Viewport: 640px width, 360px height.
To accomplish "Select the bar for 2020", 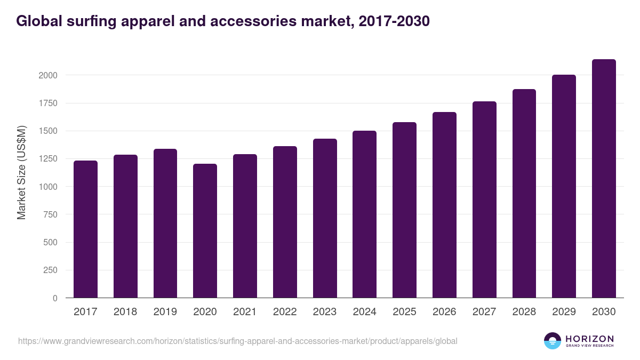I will pyautogui.click(x=205, y=230).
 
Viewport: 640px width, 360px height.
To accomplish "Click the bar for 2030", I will pyautogui.click(x=604, y=179).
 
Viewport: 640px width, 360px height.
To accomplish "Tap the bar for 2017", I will pyautogui.click(x=85, y=229).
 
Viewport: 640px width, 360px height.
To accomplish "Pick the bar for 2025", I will pyautogui.click(x=404, y=210).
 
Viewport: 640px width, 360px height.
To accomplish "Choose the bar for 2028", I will pyautogui.click(x=524, y=194).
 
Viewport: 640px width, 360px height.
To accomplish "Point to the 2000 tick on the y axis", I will pyautogui.click(x=48, y=75).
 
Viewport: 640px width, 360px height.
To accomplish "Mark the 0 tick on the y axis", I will pyautogui.click(x=54, y=298).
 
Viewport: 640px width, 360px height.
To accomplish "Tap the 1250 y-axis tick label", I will pyautogui.click(x=48, y=159).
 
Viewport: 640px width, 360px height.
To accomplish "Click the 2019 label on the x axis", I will pyautogui.click(x=165, y=312).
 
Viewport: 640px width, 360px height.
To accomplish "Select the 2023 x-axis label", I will pyautogui.click(x=325, y=312).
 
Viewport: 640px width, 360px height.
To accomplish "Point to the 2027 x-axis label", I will pyautogui.click(x=484, y=312).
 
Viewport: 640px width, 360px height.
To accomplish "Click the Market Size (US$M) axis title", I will pyautogui.click(x=21, y=173).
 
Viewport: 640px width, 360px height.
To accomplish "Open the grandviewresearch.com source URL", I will pyautogui.click(x=237, y=341).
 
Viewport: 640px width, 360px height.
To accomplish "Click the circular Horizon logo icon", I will pyautogui.click(x=553, y=341).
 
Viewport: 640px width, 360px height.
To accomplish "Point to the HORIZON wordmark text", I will pyautogui.click(x=589, y=338).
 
